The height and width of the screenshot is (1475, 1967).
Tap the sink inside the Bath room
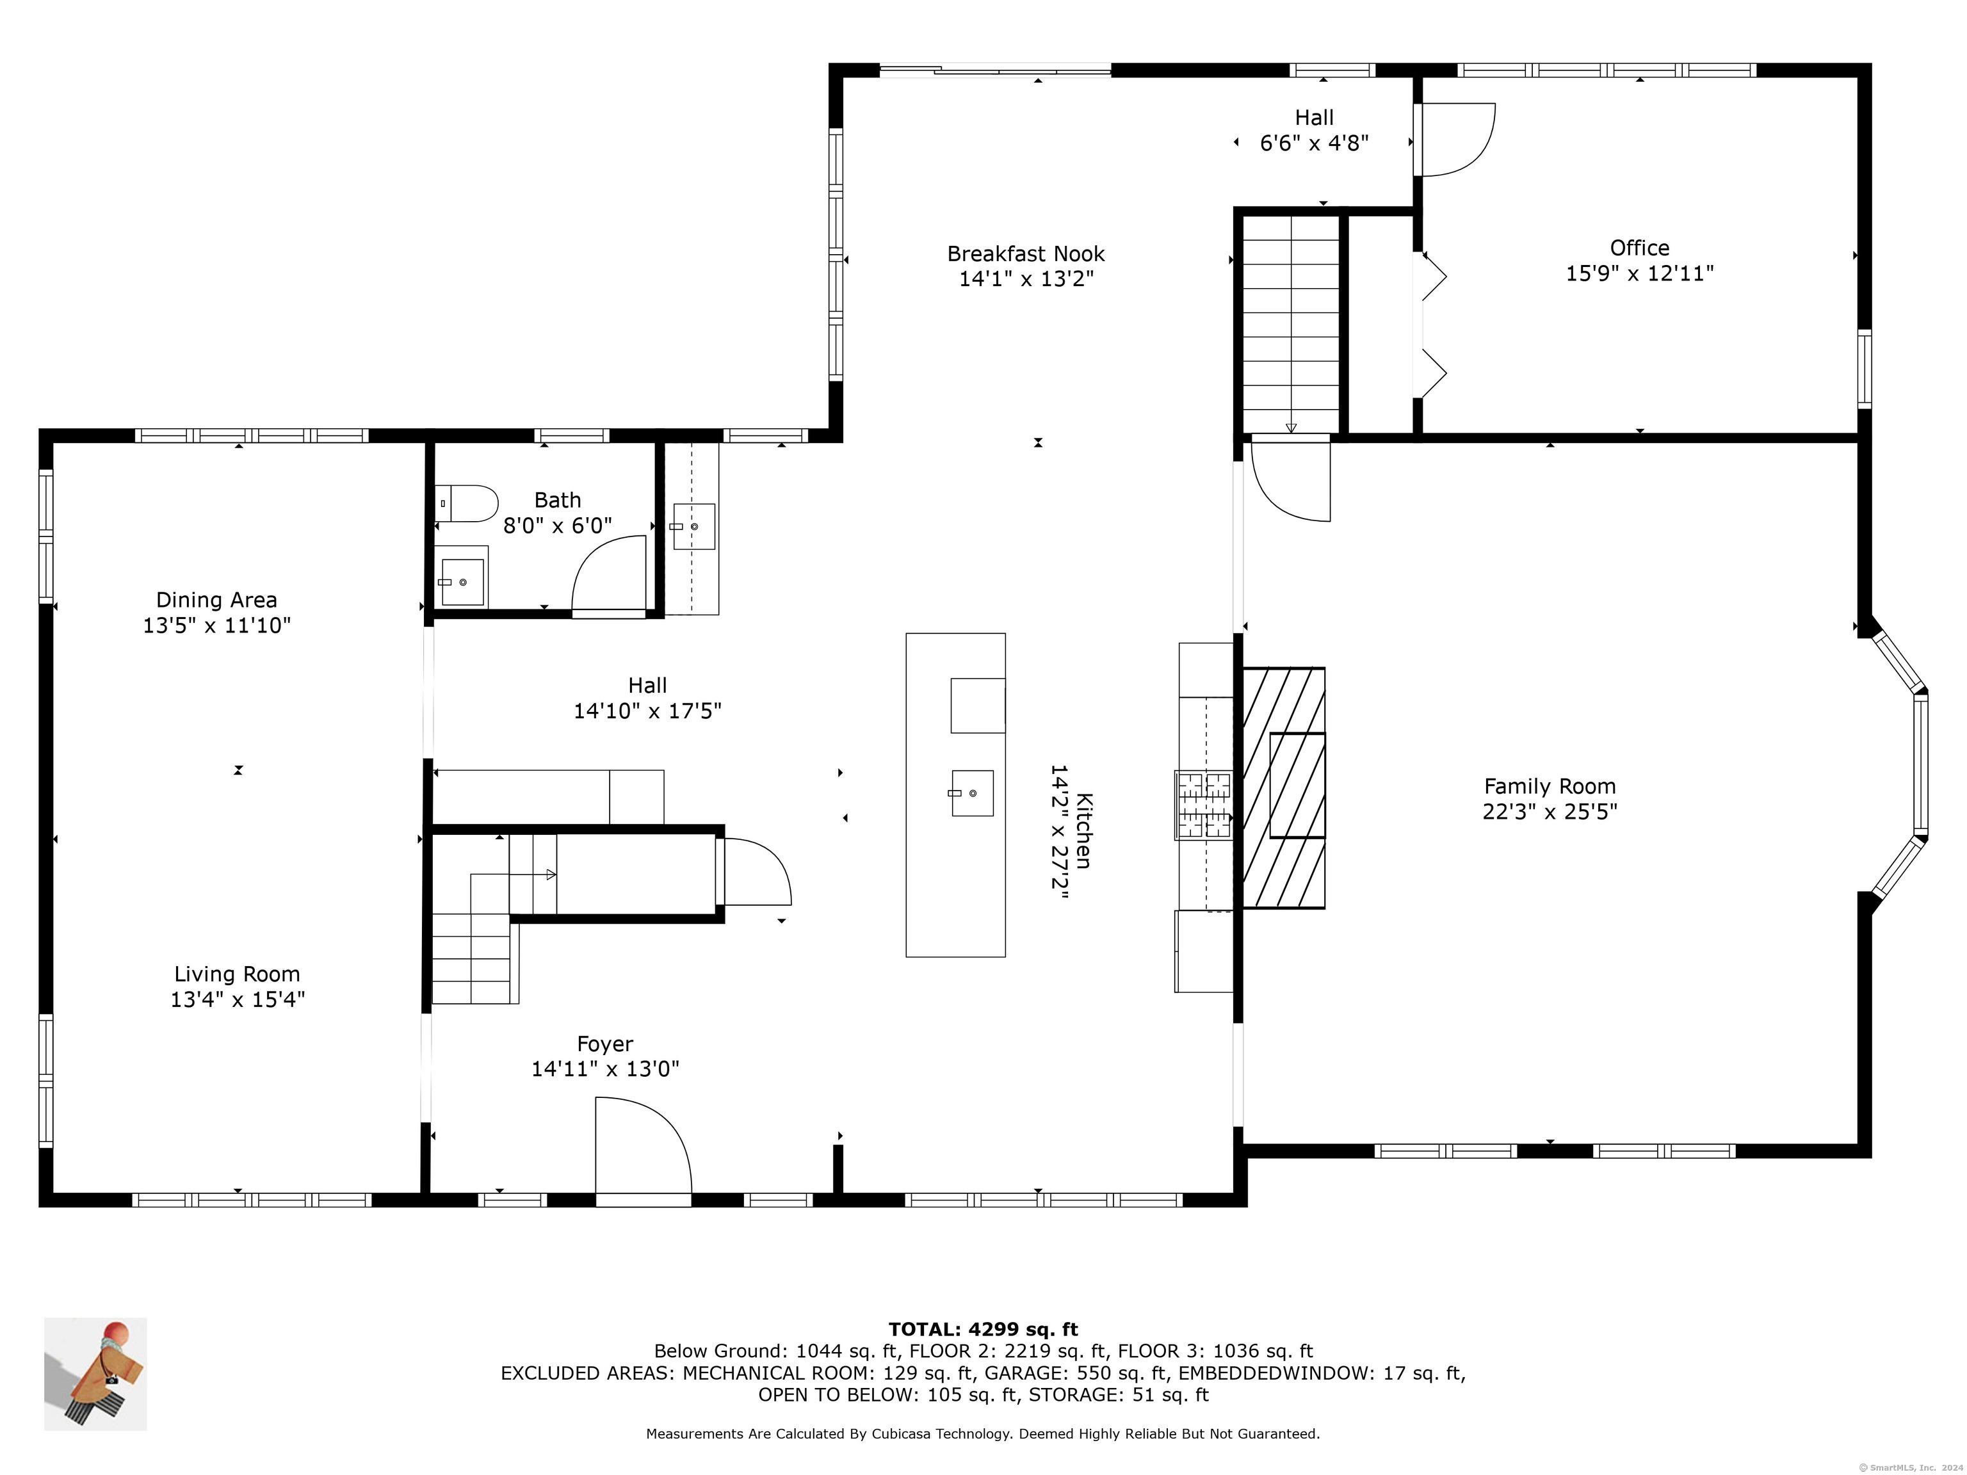click(462, 581)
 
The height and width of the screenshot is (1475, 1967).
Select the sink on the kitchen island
click(972, 792)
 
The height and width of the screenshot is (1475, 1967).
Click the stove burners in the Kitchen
click(1204, 805)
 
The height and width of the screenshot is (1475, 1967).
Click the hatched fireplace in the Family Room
click(1283, 787)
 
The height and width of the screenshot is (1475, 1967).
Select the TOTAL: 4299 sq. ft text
click(983, 1329)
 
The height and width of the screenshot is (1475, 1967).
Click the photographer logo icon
click(95, 1374)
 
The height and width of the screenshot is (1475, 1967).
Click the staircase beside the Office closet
click(1290, 324)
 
